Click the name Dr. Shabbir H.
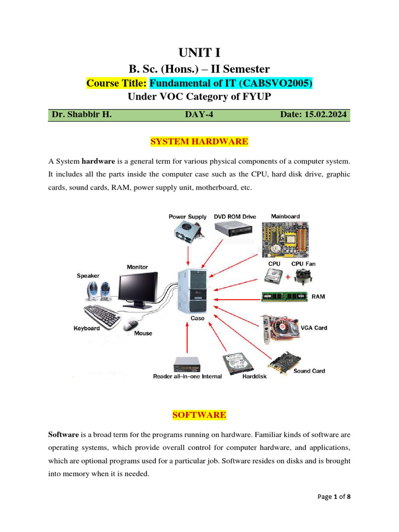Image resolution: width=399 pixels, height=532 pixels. (81, 114)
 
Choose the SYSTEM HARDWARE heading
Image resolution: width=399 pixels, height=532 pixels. (199, 141)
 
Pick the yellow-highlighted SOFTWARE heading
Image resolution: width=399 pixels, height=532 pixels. (199, 415)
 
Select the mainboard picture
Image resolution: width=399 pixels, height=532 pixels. (285, 237)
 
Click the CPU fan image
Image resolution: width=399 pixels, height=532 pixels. (302, 277)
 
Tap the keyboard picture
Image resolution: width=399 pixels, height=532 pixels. (102, 315)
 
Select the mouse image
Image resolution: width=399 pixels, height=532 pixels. (130, 326)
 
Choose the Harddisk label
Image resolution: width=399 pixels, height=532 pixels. (255, 376)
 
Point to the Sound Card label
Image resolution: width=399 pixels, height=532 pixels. (309, 371)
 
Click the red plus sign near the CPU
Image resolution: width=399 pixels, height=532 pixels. (287, 277)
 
